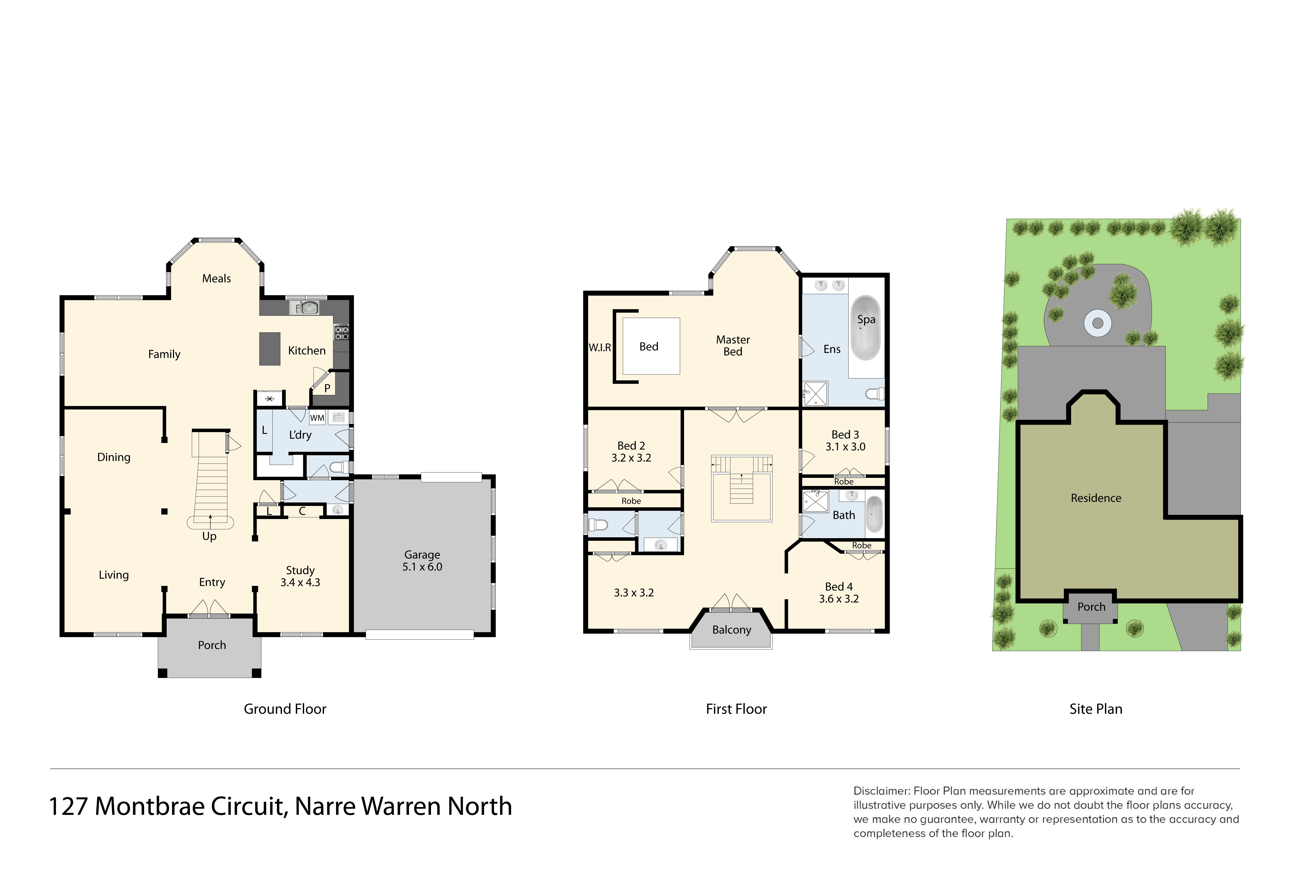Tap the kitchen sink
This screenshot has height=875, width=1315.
click(x=304, y=307)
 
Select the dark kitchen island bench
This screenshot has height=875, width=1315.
click(x=270, y=349)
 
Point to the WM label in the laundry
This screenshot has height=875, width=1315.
click(x=317, y=418)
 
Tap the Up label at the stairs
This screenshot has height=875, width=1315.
click(x=209, y=536)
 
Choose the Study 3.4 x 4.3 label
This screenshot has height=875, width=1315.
click(x=300, y=576)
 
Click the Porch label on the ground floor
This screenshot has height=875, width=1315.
click(x=212, y=645)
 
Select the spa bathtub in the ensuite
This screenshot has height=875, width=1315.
click(x=865, y=328)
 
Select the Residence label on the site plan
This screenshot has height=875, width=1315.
click(x=1096, y=498)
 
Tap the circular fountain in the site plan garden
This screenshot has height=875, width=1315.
click(x=1098, y=323)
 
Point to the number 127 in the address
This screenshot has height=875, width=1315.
click(x=68, y=806)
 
